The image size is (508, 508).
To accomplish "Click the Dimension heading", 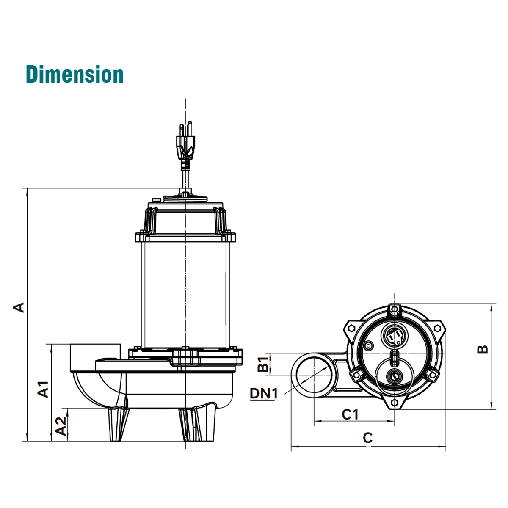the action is click(x=75, y=74).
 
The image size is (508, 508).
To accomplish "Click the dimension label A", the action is click(x=19, y=307).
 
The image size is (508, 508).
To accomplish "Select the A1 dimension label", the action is click(x=43, y=389).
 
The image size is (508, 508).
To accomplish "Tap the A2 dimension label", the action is click(x=61, y=426).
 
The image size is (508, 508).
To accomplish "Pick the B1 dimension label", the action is click(x=263, y=364).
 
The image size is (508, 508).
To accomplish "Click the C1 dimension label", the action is click(x=350, y=414).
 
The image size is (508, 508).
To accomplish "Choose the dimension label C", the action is click(x=368, y=438).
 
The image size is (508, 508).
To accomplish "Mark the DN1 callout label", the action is click(x=264, y=394).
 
